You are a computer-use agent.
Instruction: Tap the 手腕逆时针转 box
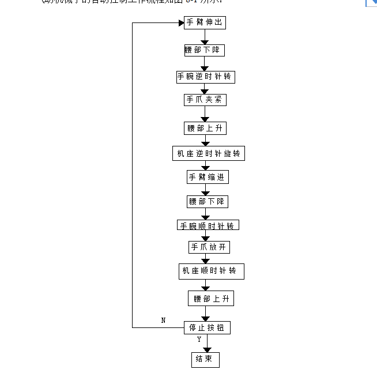(206, 77)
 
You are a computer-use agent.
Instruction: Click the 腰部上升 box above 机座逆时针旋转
(205, 128)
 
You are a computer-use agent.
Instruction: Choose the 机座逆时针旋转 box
(209, 153)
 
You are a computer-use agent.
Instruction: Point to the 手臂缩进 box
(207, 177)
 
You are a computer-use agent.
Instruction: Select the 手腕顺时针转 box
(208, 225)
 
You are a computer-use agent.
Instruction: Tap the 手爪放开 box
(209, 247)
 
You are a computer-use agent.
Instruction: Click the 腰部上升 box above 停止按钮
(211, 299)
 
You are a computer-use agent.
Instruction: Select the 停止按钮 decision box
(207, 327)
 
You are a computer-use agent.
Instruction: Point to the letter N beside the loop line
(163, 321)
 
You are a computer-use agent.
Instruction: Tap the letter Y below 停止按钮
(199, 340)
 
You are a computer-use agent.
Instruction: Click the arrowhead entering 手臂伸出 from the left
(179, 23)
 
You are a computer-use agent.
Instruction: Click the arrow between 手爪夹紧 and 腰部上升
(205, 114)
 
